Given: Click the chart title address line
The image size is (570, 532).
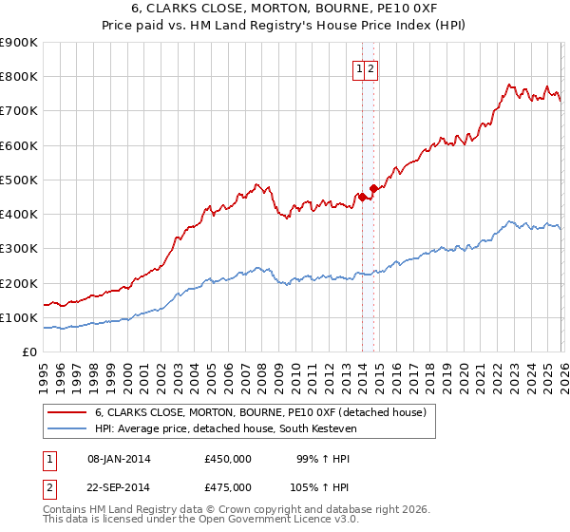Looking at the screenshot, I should [285, 9].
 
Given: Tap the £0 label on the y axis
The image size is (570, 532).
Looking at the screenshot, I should [28, 352].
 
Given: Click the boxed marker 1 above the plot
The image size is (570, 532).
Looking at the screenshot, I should [360, 68].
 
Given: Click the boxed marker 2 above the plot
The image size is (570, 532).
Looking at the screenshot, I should [371, 68].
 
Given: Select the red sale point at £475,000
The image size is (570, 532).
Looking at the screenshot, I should [374, 188].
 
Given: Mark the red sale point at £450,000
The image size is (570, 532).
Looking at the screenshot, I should [362, 197].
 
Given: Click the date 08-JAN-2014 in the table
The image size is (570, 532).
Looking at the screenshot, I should [119, 459].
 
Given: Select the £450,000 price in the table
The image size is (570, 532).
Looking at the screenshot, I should [228, 459].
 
